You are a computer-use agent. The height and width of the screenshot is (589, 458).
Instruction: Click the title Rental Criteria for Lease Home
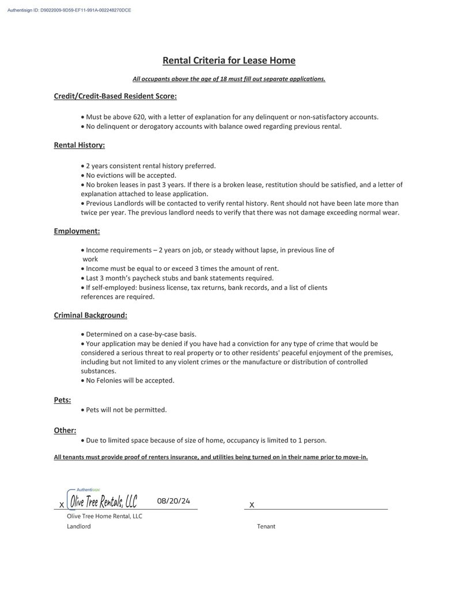(x=229, y=60)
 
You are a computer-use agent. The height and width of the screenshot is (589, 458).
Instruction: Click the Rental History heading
(x=79, y=146)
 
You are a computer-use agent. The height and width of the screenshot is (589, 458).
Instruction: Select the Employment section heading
(x=77, y=231)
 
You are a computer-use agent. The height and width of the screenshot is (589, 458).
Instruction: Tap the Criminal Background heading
(x=90, y=315)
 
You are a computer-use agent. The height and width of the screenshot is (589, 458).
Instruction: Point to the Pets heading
(x=62, y=400)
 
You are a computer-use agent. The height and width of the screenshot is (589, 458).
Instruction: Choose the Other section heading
(x=65, y=430)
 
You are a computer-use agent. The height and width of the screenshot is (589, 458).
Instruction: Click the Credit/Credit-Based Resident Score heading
(x=115, y=96)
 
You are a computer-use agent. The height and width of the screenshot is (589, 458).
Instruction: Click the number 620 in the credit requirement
(x=134, y=117)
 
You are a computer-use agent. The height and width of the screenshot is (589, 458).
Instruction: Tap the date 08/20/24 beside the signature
(x=173, y=501)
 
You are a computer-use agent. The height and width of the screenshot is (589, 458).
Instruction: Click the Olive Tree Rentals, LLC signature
(x=104, y=502)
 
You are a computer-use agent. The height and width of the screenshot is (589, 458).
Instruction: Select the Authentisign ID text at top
(x=69, y=10)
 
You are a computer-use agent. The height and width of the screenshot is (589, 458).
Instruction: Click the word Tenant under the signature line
(x=266, y=526)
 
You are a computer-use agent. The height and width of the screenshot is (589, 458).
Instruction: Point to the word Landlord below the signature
(x=78, y=526)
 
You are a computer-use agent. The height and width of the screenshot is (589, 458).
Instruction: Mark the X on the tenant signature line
(x=252, y=505)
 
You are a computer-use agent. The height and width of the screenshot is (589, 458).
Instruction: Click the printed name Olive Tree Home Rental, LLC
(x=104, y=516)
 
